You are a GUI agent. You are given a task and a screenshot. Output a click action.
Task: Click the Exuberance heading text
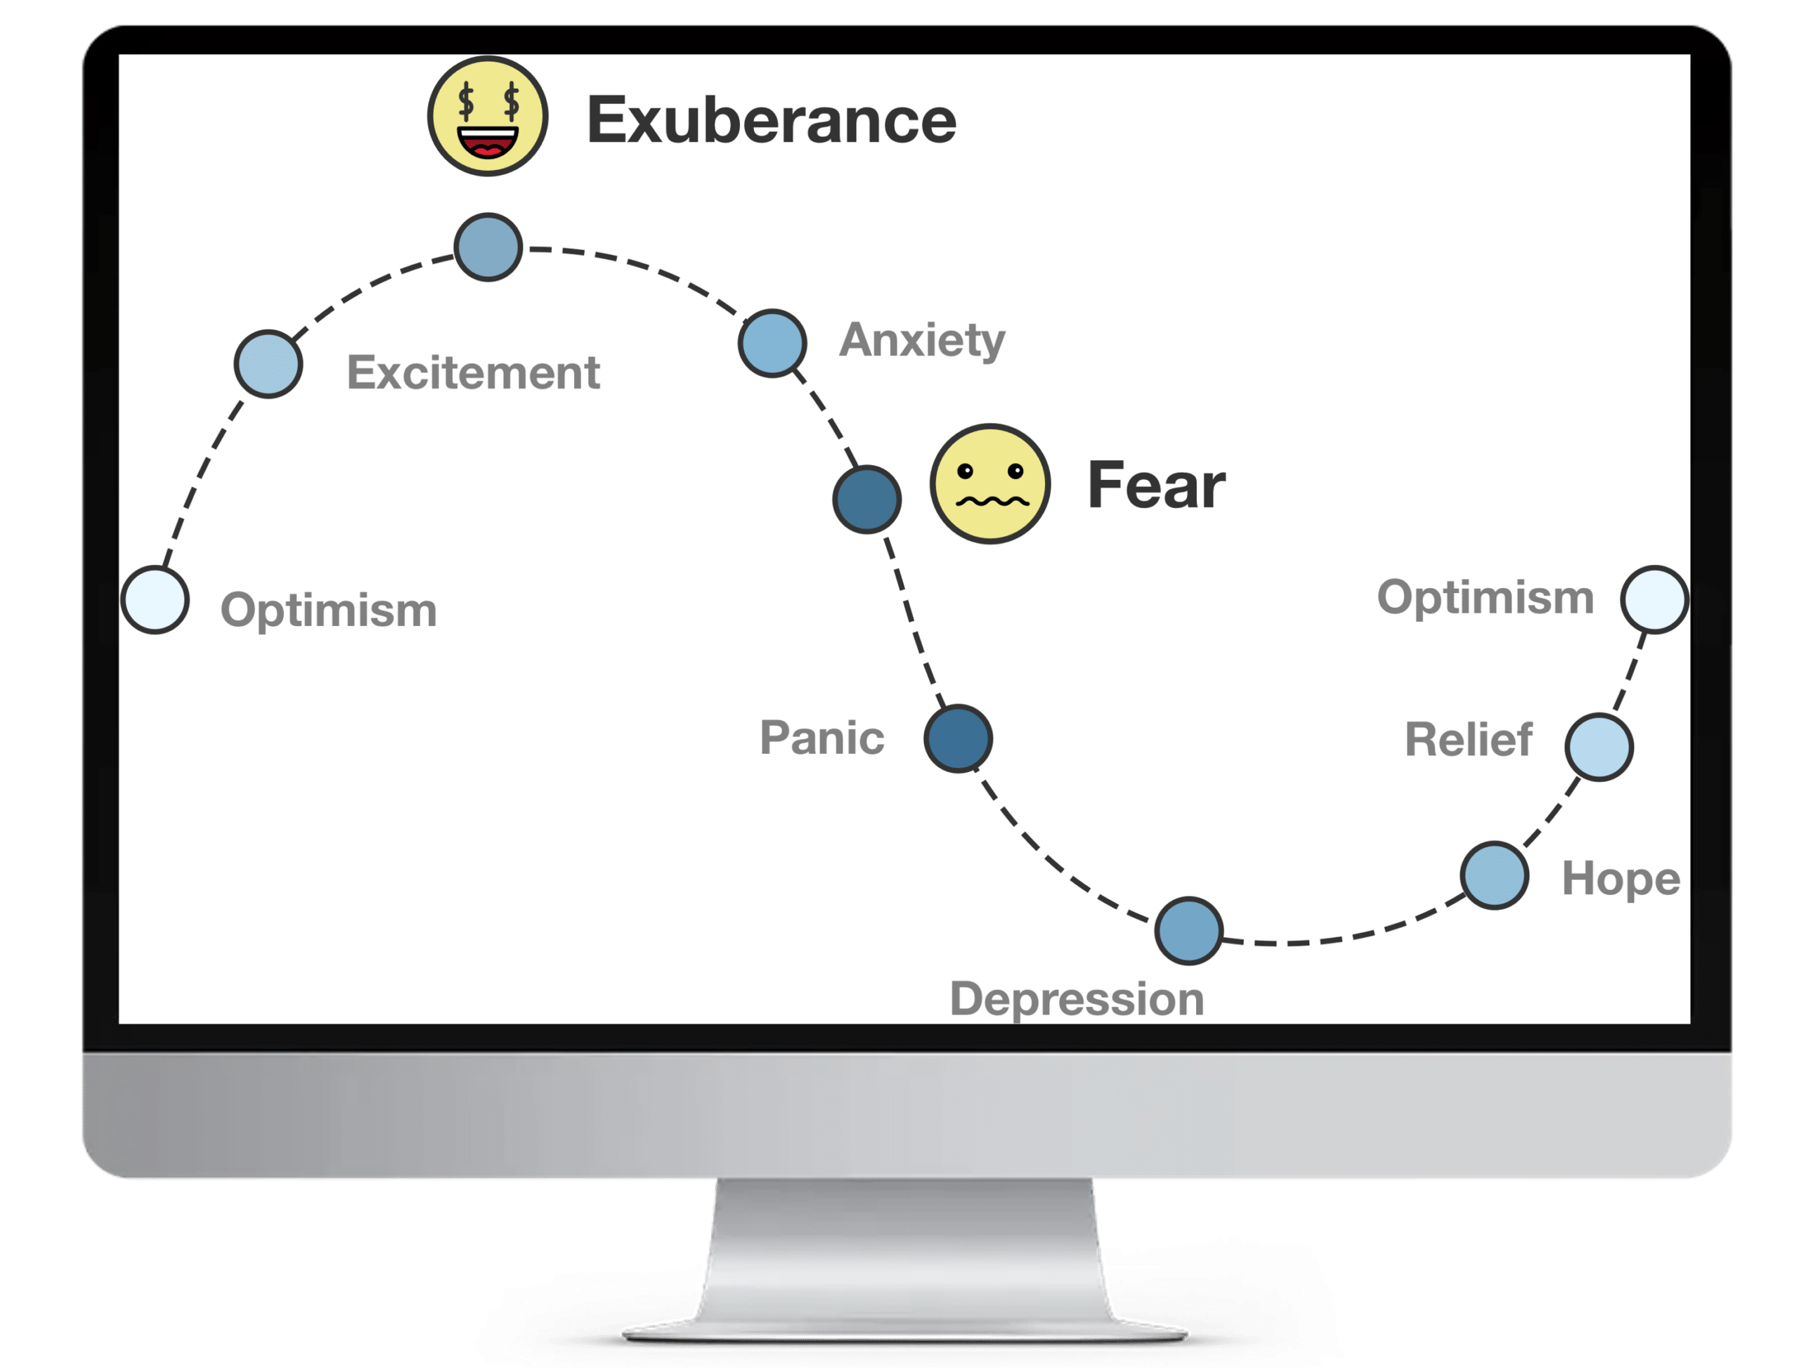[771, 121]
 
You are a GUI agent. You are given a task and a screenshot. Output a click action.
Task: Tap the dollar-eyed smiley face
[488, 116]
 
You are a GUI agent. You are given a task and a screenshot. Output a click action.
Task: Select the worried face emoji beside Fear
[990, 483]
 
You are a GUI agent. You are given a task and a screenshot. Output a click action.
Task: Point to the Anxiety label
[921, 340]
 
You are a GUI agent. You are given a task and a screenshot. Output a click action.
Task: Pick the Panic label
[821, 738]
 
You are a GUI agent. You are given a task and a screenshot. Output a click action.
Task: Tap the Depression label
[1077, 999]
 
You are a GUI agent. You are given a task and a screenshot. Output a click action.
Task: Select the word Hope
[1621, 879]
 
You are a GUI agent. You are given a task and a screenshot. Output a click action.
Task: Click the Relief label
[1468, 740]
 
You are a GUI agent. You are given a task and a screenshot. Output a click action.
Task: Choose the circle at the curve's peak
[488, 247]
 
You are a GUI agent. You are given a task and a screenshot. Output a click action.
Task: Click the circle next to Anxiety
[772, 344]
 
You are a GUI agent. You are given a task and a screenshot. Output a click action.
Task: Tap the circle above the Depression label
[1189, 930]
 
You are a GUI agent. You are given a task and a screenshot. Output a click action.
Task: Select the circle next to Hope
[1494, 875]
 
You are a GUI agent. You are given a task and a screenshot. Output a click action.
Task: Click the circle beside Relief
[1599, 747]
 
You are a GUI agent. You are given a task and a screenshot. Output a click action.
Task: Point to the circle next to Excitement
[268, 364]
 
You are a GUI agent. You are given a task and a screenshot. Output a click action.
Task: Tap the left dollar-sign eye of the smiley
[467, 101]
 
